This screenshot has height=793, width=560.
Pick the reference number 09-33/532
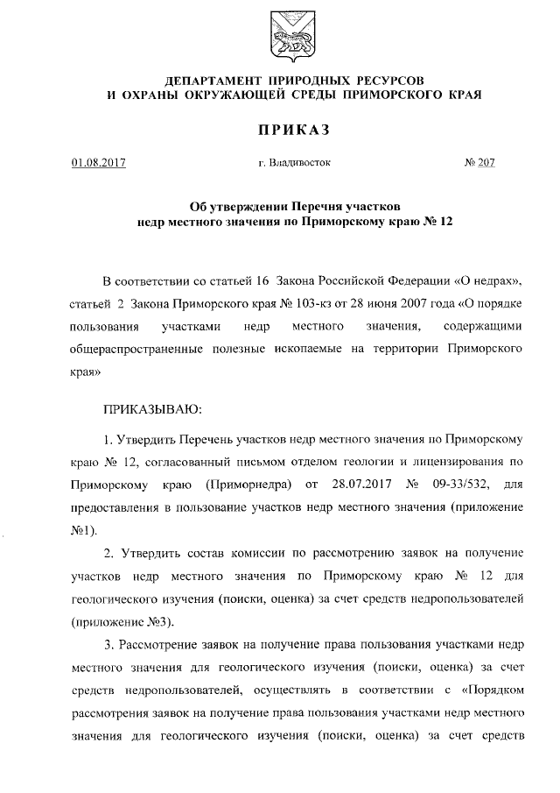459,483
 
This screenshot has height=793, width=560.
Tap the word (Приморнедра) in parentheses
248,483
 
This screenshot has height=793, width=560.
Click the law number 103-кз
288,305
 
